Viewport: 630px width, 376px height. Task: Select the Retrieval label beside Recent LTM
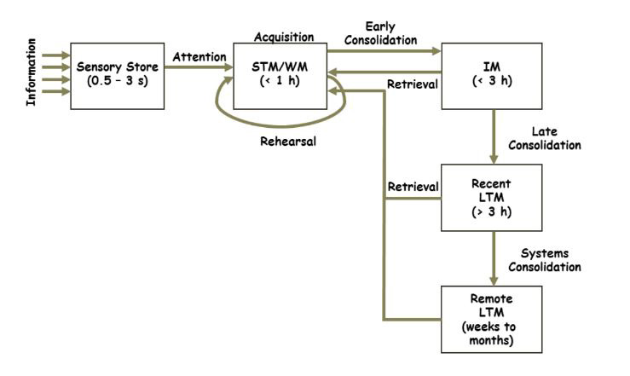(x=412, y=186)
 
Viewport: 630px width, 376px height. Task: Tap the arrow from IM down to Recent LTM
(x=494, y=137)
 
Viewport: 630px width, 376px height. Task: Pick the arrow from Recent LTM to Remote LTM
(x=494, y=258)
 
